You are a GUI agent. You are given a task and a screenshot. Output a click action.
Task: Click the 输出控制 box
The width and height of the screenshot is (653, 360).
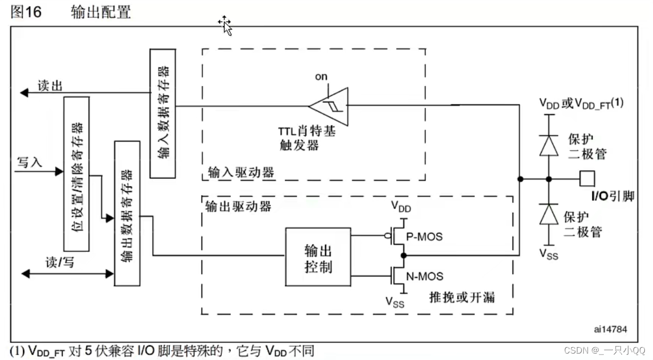[x=318, y=257]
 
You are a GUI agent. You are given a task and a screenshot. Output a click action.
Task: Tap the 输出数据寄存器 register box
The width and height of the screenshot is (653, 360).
[x=127, y=213]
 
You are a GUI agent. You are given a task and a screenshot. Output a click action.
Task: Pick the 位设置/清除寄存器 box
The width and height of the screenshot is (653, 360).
[x=77, y=173]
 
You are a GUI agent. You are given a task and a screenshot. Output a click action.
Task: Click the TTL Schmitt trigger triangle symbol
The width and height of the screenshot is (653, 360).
[x=328, y=104]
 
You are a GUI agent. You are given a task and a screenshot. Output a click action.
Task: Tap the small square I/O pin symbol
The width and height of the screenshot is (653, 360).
[x=588, y=178]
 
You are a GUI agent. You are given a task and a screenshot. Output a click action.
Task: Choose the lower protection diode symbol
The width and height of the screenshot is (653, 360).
[x=547, y=215]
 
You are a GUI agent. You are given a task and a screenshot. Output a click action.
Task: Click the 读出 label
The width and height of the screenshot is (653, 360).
[x=50, y=86]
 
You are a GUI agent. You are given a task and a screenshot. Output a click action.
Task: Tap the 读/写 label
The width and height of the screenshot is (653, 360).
[x=59, y=262]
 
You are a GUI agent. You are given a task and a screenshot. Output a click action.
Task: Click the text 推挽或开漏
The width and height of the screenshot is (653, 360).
[x=462, y=296]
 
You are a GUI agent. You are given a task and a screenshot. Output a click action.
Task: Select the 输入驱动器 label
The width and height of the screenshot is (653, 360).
[x=241, y=172]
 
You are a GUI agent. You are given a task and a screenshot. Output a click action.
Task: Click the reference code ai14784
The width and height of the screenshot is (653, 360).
[x=611, y=329]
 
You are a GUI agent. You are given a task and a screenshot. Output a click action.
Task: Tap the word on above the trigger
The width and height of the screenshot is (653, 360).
[x=321, y=77]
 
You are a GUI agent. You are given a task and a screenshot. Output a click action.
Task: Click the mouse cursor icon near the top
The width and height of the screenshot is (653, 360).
[x=225, y=25]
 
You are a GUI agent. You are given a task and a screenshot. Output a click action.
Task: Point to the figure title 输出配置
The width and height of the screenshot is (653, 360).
[x=101, y=12]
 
